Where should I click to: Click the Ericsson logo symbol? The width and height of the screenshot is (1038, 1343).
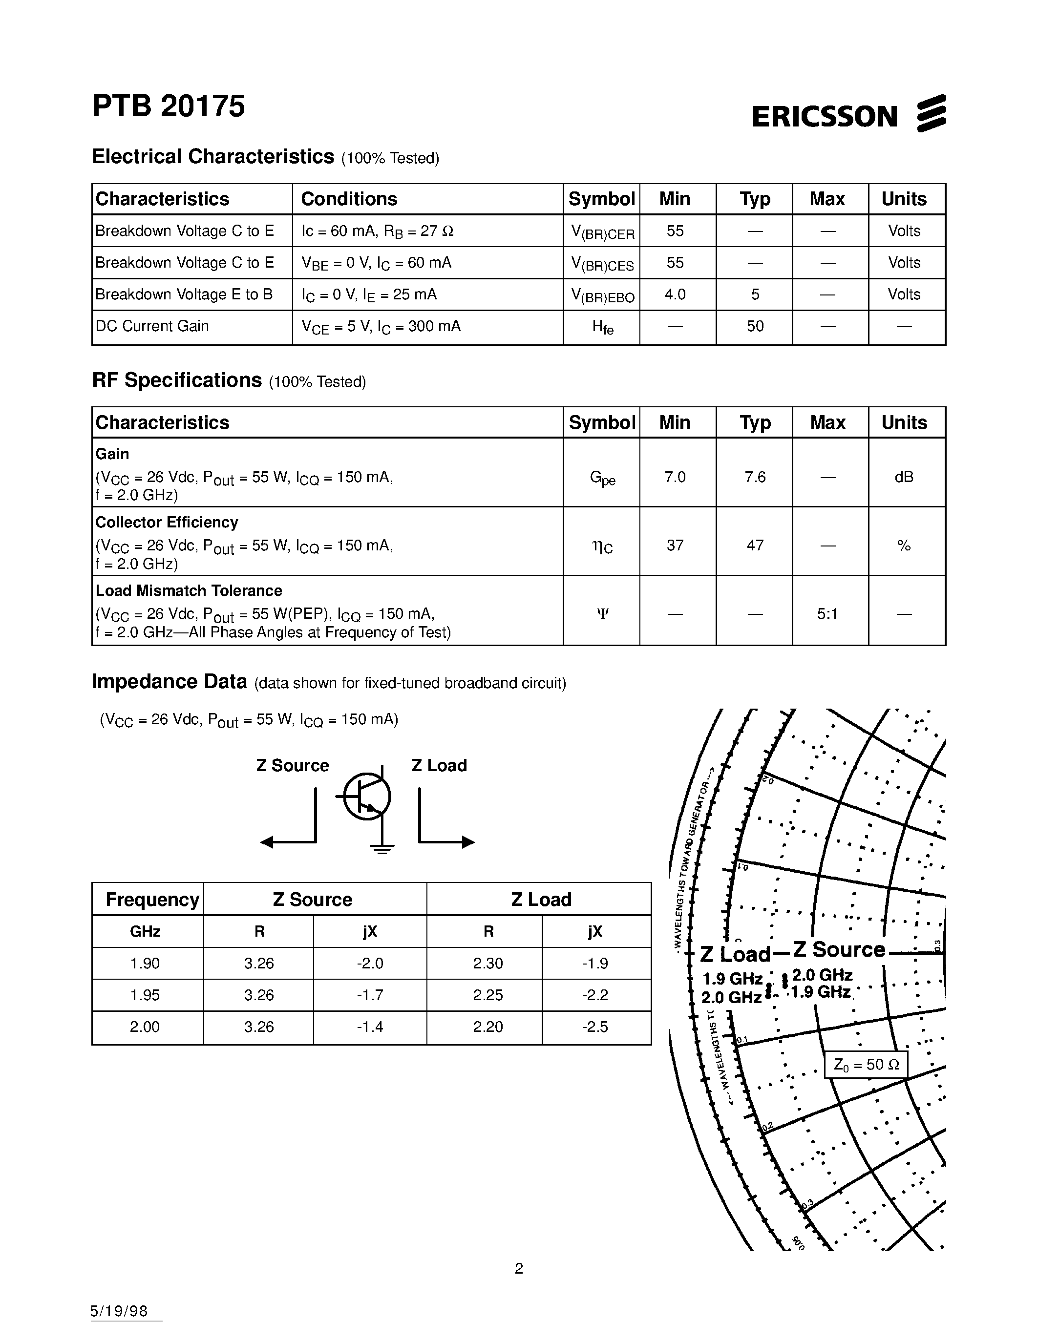[x=931, y=113]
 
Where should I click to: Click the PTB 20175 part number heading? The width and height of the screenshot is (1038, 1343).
[x=169, y=106]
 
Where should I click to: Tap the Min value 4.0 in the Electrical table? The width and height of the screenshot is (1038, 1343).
[x=675, y=294]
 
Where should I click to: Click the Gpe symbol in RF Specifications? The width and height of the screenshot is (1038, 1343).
[x=602, y=478]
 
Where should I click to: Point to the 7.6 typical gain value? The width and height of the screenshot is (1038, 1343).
[x=755, y=477]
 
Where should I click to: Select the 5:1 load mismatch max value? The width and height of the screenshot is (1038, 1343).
[x=827, y=614]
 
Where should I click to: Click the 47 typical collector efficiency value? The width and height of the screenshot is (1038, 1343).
[x=755, y=546]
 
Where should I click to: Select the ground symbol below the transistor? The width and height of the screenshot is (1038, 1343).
[x=382, y=850]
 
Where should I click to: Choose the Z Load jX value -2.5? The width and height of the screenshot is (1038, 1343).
[x=594, y=1027]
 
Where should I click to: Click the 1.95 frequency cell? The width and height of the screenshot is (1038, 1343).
[x=145, y=995]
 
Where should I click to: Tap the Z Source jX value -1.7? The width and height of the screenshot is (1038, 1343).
[x=370, y=995]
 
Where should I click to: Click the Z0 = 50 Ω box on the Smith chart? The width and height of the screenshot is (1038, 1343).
[x=866, y=1065]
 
